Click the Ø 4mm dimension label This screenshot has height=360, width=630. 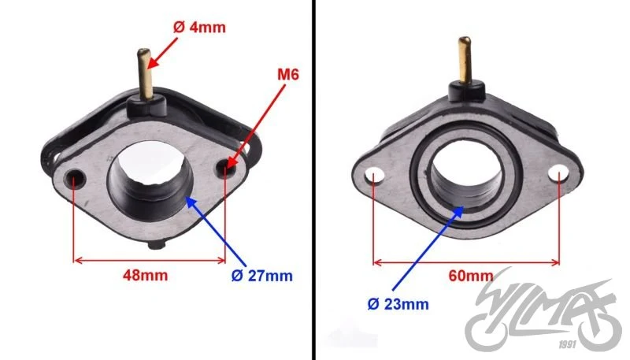coord(199,28)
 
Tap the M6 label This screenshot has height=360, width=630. coord(288,74)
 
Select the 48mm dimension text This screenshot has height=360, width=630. coord(145,275)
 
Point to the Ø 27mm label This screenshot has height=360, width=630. coord(262,276)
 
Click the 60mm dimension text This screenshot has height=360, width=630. coord(470,276)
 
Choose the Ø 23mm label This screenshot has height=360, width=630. coord(398,304)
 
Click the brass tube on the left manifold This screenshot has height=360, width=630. coord(145,73)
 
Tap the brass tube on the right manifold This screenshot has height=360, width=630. coord(465,60)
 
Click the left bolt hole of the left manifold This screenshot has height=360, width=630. coord(75,176)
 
